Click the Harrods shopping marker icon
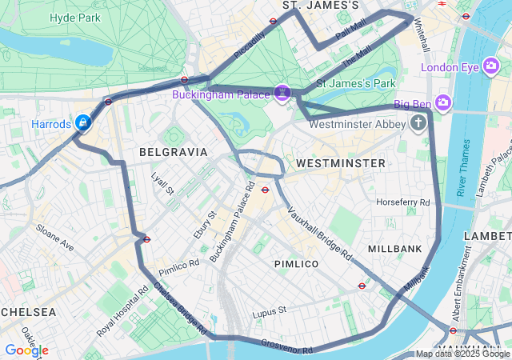coord(82,122)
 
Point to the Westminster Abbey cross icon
coord(418,123)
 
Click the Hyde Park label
coord(74,18)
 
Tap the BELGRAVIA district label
coord(173,151)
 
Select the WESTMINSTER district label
coord(340,163)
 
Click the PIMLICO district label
coord(296,263)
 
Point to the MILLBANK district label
coord(395,250)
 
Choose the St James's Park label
coord(357,83)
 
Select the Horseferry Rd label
coord(403,202)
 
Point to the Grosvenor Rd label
coord(286,346)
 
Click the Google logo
coord(26,350)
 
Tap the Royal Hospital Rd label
coord(120,309)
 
